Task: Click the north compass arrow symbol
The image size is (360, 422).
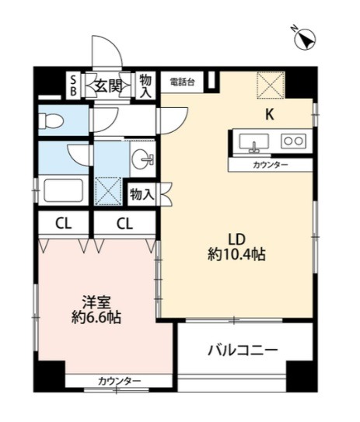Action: (305, 40)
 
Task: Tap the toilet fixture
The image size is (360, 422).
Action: (51, 120)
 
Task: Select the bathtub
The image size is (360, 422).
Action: (63, 190)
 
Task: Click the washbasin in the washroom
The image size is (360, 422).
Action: (143, 159)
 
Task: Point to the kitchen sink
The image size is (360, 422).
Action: (254, 143)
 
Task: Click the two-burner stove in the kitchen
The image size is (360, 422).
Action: (293, 141)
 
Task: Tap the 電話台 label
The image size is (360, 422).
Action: (182, 82)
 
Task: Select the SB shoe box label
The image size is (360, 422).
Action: (73, 85)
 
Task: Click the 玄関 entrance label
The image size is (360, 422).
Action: (108, 87)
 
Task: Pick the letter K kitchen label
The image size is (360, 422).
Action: (270, 115)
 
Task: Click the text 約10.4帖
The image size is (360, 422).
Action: (236, 254)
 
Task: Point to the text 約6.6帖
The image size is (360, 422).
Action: (96, 317)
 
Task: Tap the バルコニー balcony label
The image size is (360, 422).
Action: (243, 350)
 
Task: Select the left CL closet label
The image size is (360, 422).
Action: (64, 223)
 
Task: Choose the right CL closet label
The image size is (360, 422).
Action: (124, 223)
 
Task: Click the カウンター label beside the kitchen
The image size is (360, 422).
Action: (271, 165)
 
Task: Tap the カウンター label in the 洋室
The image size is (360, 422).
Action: (119, 381)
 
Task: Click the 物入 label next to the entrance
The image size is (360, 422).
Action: (145, 85)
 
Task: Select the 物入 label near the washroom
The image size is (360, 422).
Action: (142, 194)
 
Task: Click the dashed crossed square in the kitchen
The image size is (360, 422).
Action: (271, 85)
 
